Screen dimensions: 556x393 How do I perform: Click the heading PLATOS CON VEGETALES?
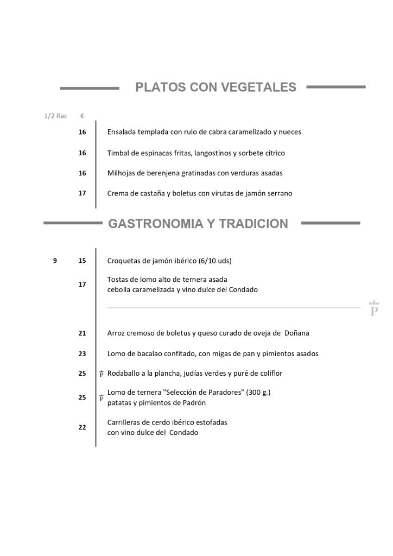(x=215, y=87)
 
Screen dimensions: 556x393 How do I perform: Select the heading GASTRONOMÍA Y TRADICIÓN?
(x=198, y=224)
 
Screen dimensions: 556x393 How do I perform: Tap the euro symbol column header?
(x=82, y=116)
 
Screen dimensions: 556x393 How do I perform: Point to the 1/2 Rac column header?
(x=55, y=116)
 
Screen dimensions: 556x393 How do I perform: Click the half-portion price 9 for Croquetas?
(x=55, y=261)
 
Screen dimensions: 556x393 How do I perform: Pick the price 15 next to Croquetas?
(x=82, y=261)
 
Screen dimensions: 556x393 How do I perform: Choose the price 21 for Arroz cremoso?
(x=82, y=333)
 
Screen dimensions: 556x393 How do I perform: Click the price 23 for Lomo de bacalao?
(x=82, y=353)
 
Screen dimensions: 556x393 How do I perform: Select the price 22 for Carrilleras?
(x=82, y=427)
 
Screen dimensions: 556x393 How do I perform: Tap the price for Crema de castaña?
(x=82, y=193)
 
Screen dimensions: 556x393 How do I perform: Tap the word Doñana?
(x=296, y=333)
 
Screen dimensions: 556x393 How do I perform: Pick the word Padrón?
(x=194, y=403)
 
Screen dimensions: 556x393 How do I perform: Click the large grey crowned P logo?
(x=374, y=309)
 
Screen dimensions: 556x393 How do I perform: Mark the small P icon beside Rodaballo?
(x=102, y=374)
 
